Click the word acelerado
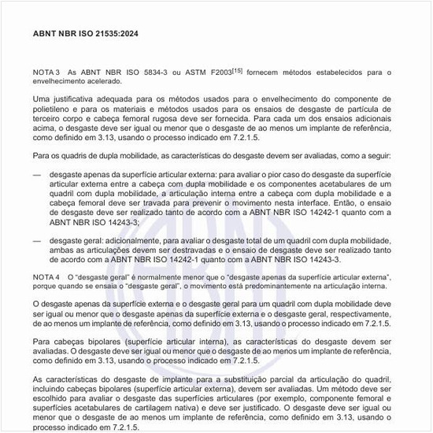(x=102, y=81)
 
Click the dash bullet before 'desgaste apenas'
(x=37, y=170)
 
